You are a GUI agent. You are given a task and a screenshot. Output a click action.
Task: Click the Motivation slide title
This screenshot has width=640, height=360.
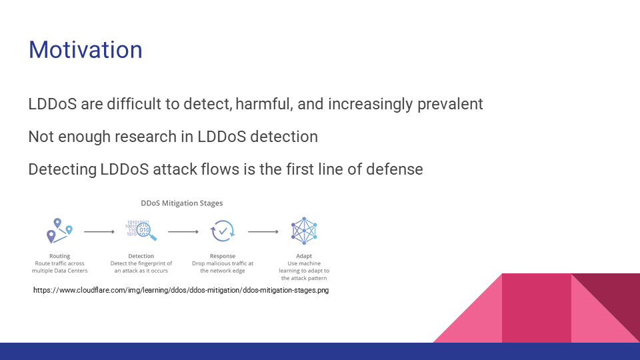[85, 50]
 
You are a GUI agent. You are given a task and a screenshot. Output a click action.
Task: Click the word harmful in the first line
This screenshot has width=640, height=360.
[264, 104]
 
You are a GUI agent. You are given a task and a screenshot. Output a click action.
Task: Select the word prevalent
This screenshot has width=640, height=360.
[450, 104]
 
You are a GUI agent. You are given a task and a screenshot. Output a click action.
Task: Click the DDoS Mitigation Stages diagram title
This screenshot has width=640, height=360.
[181, 203]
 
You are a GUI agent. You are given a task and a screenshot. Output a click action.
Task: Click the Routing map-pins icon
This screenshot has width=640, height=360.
[59, 231]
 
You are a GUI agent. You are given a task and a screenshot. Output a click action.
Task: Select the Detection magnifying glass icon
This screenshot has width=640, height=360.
[141, 231]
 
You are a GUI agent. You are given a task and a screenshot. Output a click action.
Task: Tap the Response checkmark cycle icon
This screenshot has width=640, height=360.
[223, 231]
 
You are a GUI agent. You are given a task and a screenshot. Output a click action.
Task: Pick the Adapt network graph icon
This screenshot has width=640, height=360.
[304, 231]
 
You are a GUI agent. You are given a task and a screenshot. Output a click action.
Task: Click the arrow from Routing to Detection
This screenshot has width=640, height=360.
[99, 232]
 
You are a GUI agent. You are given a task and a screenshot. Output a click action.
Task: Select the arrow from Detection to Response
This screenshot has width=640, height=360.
[183, 232]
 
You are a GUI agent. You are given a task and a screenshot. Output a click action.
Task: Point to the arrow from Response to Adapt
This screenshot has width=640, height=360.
[263, 232]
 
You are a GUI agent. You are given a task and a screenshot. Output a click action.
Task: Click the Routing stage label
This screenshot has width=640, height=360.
[59, 256]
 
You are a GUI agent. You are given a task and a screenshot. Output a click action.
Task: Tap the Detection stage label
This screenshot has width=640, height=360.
[141, 256]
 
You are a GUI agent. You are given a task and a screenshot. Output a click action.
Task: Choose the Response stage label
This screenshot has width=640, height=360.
[223, 256]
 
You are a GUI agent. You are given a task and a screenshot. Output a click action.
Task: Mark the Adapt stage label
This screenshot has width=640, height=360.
[304, 256]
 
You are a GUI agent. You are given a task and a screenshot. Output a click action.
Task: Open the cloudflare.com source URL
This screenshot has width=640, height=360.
[181, 290]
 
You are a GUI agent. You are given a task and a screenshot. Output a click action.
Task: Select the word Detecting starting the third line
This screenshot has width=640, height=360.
[63, 169]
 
